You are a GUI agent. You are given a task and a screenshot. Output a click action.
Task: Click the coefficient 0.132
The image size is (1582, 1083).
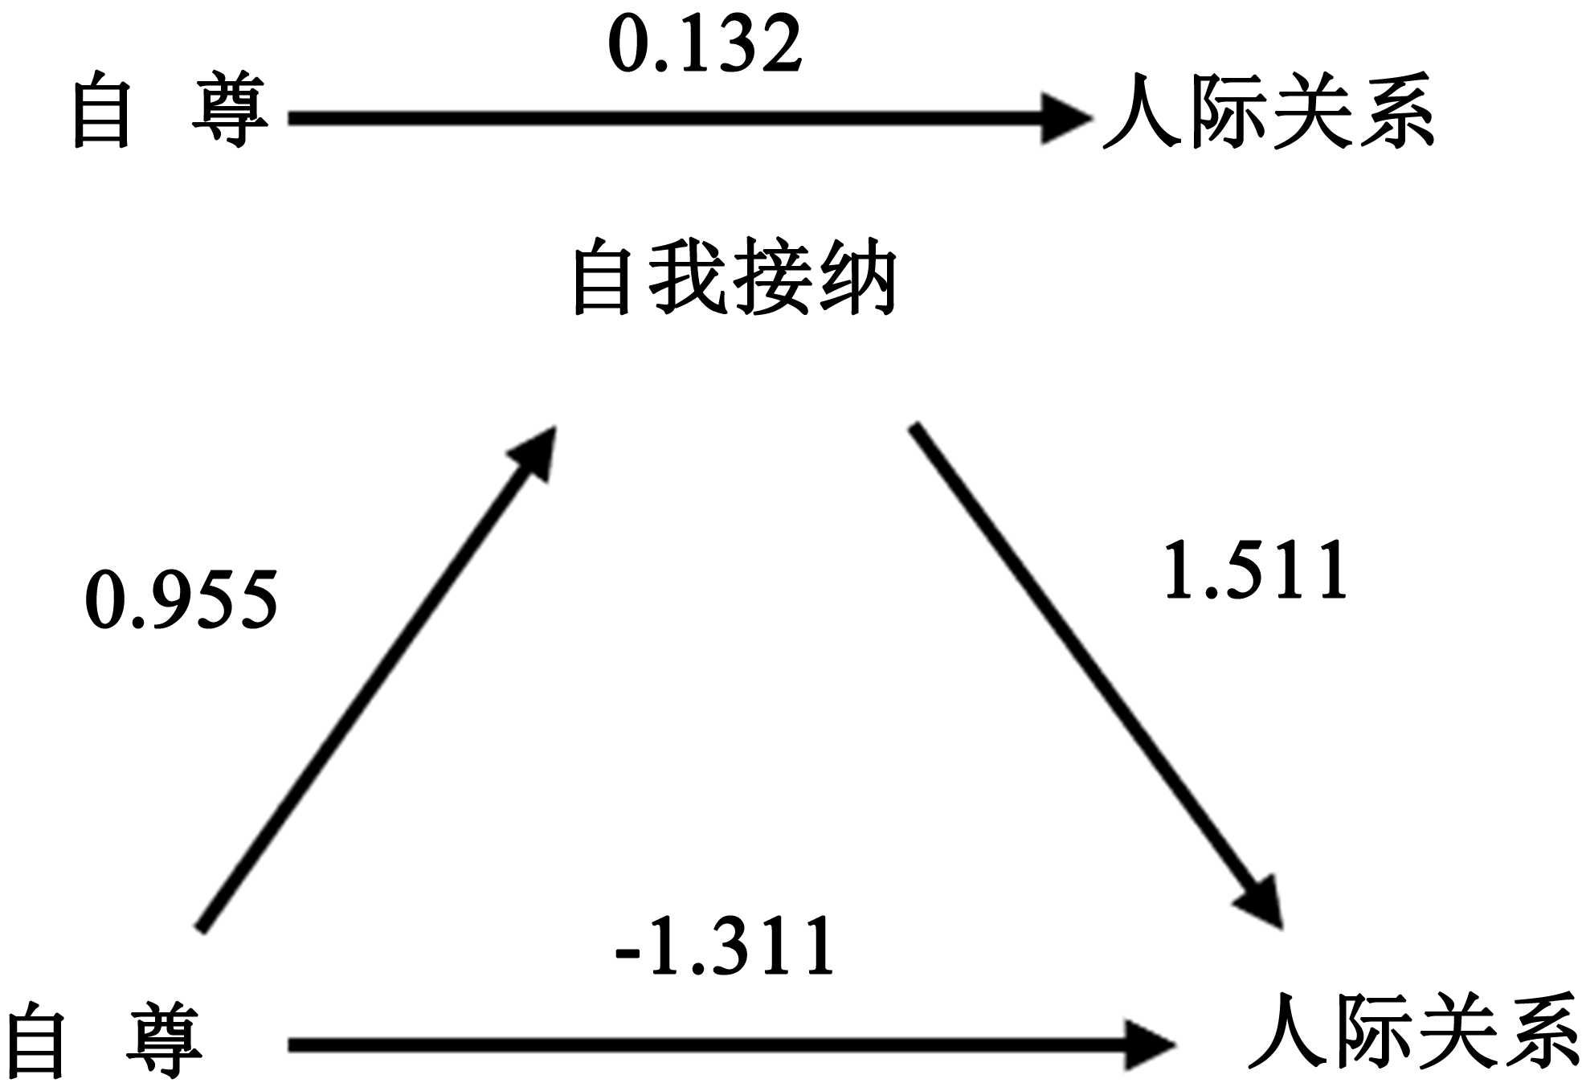coord(705,45)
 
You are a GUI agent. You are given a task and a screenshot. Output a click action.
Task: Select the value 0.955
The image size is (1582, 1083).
coord(182,599)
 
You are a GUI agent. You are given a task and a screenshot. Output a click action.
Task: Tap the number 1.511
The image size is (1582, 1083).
coord(1255,570)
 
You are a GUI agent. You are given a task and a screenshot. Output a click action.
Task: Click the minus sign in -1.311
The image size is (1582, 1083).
coord(627,953)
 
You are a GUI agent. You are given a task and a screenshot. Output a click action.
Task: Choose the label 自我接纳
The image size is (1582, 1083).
coord(734,277)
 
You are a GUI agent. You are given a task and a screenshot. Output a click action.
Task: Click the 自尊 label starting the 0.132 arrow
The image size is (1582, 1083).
coord(170,110)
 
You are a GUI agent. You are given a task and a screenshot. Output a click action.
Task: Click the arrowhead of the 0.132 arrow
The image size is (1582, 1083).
coord(1065,119)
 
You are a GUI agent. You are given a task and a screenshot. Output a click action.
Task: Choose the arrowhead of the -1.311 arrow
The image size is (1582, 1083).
coord(1149,1045)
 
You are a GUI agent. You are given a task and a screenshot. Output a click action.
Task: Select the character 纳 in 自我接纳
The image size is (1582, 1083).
coord(858,277)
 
